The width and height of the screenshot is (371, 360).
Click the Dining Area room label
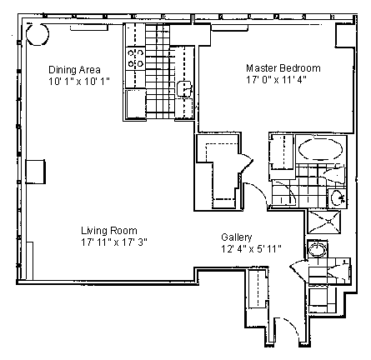pos(74,69)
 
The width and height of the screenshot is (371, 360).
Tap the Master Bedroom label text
pos(283,68)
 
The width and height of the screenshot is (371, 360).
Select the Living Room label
pos(109,231)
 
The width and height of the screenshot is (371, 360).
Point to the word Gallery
pos(237,237)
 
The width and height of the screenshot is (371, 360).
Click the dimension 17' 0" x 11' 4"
pos(276,80)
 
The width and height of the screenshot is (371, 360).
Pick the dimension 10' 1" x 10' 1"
pos(79,82)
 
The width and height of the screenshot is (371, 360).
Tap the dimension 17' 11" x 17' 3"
pos(114,242)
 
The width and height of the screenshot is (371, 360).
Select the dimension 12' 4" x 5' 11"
pos(251,249)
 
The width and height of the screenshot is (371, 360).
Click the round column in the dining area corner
pos(38,34)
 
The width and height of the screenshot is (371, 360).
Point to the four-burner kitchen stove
pos(135,58)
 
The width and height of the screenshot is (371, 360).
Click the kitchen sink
pos(185,88)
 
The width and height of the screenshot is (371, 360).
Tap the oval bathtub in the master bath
pos(320,149)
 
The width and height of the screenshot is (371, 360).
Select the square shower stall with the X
pos(324,222)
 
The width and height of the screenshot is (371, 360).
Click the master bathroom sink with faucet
pos(338,198)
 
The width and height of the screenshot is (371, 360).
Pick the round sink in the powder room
pos(318,249)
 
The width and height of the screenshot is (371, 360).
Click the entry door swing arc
pos(293,326)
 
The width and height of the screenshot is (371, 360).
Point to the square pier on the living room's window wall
pos(35,172)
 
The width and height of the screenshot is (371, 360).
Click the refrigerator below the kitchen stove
pos(136,104)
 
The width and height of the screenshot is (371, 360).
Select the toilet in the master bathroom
pos(334,175)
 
